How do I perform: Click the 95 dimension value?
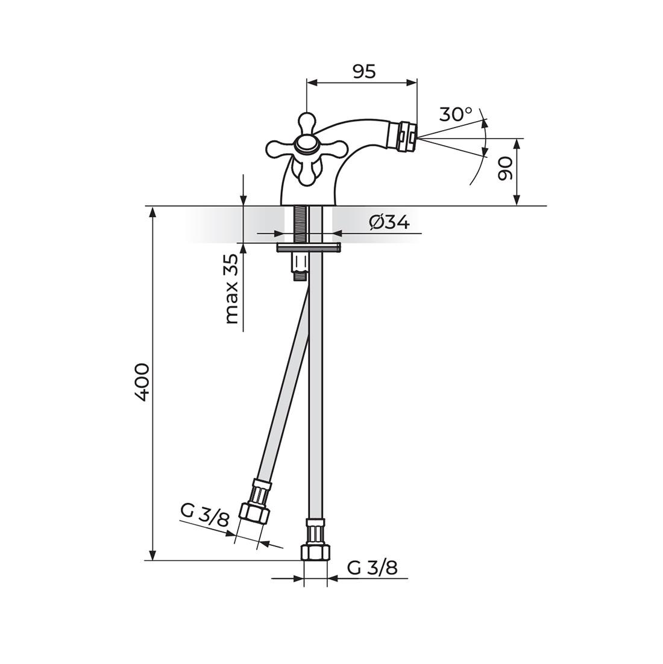364,71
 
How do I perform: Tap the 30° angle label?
455,114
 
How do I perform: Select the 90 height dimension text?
504,168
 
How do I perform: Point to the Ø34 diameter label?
389,222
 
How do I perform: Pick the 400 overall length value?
142,382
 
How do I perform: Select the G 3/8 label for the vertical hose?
372,568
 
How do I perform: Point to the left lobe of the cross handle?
278,148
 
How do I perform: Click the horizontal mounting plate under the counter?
308,247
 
